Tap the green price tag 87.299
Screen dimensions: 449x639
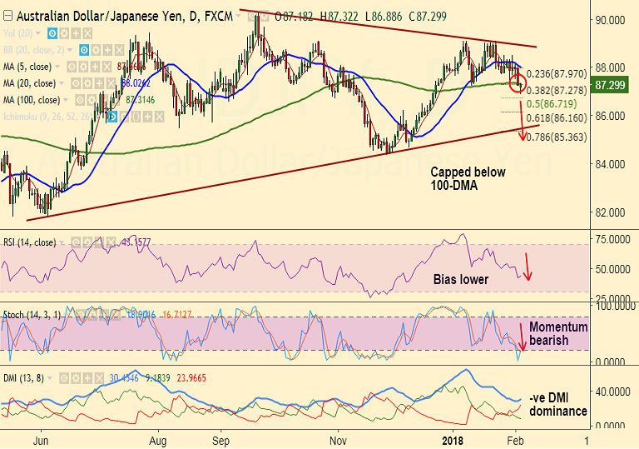coord(612,85)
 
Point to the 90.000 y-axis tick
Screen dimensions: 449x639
coord(611,19)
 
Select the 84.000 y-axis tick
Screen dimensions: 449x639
coord(611,163)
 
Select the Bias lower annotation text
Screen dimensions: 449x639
coord(461,279)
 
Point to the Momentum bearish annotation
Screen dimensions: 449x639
coord(558,334)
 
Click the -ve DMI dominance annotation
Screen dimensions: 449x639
coord(557,405)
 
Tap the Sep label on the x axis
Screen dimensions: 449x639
coord(220,438)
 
